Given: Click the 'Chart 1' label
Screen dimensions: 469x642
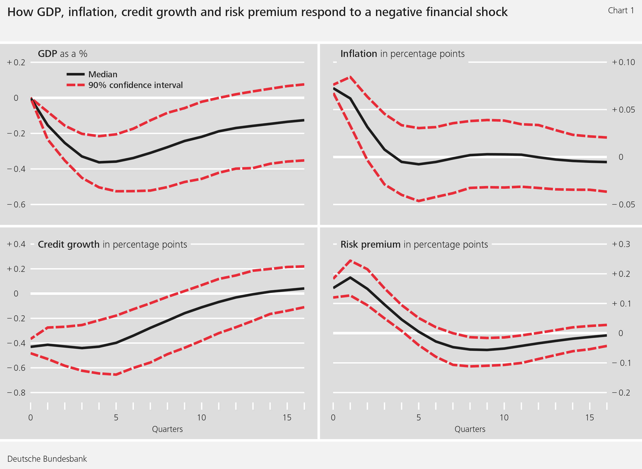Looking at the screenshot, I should click(621, 11).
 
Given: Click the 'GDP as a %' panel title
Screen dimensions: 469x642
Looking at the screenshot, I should click(62, 54).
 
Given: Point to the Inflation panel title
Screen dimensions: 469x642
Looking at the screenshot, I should click(402, 54).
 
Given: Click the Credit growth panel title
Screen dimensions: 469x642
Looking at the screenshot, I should click(112, 244).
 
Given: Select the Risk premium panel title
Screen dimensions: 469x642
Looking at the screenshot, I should click(414, 244).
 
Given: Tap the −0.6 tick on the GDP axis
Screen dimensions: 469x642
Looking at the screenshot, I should click(16, 205).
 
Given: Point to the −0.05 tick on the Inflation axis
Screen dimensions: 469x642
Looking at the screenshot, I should click(623, 205).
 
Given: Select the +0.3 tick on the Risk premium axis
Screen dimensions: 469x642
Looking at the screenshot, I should click(621, 244).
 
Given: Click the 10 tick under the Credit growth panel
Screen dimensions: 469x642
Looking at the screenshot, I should click(202, 418).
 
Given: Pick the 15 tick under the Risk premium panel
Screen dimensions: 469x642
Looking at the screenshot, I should click(590, 418).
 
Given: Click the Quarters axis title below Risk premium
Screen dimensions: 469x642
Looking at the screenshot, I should click(470, 429).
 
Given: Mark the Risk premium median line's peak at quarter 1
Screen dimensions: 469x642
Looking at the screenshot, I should click(350, 277).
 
